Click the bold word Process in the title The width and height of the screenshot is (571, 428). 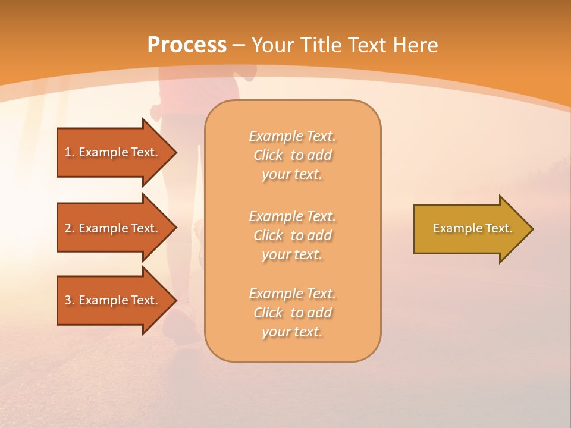(187, 45)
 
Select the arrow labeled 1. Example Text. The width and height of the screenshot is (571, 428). (112, 152)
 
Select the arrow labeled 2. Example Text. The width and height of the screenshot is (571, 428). (112, 228)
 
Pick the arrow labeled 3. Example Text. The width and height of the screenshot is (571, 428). (112, 300)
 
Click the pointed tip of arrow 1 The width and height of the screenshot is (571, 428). (175, 152)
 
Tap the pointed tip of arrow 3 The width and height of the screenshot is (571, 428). (175, 300)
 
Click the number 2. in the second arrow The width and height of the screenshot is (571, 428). (69, 228)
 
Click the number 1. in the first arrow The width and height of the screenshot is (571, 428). (69, 152)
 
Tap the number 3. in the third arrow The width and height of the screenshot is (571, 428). (69, 300)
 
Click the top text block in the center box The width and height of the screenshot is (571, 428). (293, 155)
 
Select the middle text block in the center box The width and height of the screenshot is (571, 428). (293, 235)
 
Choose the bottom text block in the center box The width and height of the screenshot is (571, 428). (293, 313)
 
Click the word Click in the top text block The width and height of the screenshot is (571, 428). (268, 156)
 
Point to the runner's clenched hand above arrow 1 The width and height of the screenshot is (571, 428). (156, 112)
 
